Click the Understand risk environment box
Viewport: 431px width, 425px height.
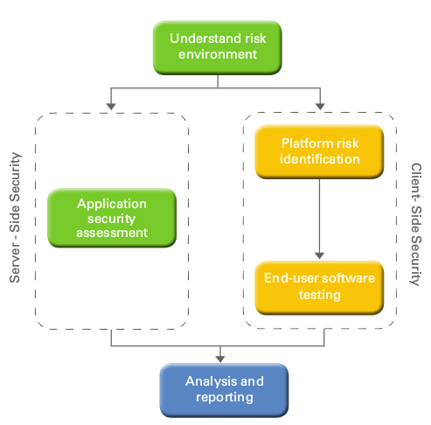pos(218,47)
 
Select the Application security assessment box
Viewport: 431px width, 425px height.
pos(112,218)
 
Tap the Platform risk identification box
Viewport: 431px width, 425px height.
pos(319,151)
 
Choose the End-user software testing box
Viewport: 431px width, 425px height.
pos(319,288)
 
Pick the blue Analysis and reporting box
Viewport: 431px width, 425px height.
pos(224,390)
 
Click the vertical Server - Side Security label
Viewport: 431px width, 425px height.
pos(15,218)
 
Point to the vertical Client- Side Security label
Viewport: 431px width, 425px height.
pos(416,224)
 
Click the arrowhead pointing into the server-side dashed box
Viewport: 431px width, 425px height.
pos(111,107)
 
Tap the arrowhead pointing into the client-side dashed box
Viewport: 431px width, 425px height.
pos(320,107)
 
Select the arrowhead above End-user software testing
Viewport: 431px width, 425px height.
pos(319,255)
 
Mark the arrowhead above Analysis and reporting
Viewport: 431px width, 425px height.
pos(220,359)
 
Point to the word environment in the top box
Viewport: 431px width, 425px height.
pos(218,54)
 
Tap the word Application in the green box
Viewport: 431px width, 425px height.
pos(112,204)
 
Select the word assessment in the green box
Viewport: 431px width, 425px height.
pos(112,233)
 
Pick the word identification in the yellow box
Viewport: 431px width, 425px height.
pos(320,159)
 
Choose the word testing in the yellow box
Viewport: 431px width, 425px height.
pos(320,295)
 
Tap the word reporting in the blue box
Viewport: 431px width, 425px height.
pos(225,398)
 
